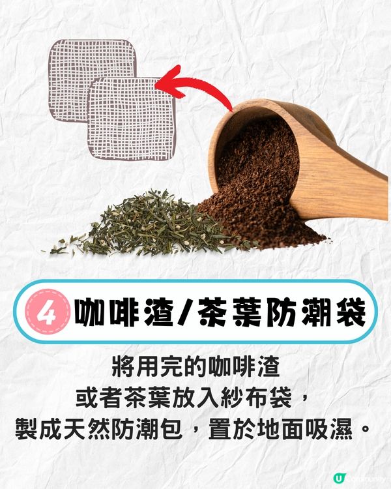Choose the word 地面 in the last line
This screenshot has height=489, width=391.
click(276, 429)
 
